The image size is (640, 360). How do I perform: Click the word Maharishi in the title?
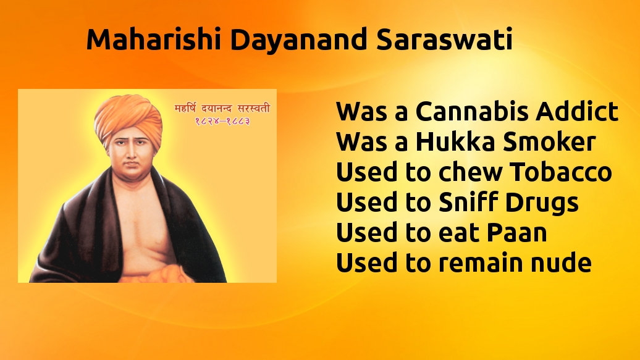[154, 40]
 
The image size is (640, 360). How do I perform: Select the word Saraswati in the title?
[444, 40]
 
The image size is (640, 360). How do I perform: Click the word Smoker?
[549, 141]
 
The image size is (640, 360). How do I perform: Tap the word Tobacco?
[561, 172]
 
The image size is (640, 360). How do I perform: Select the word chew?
[470, 172]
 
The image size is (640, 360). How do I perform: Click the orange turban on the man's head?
[128, 117]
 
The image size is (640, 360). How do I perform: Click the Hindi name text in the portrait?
[222, 109]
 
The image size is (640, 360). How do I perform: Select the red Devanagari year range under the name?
[222, 121]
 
